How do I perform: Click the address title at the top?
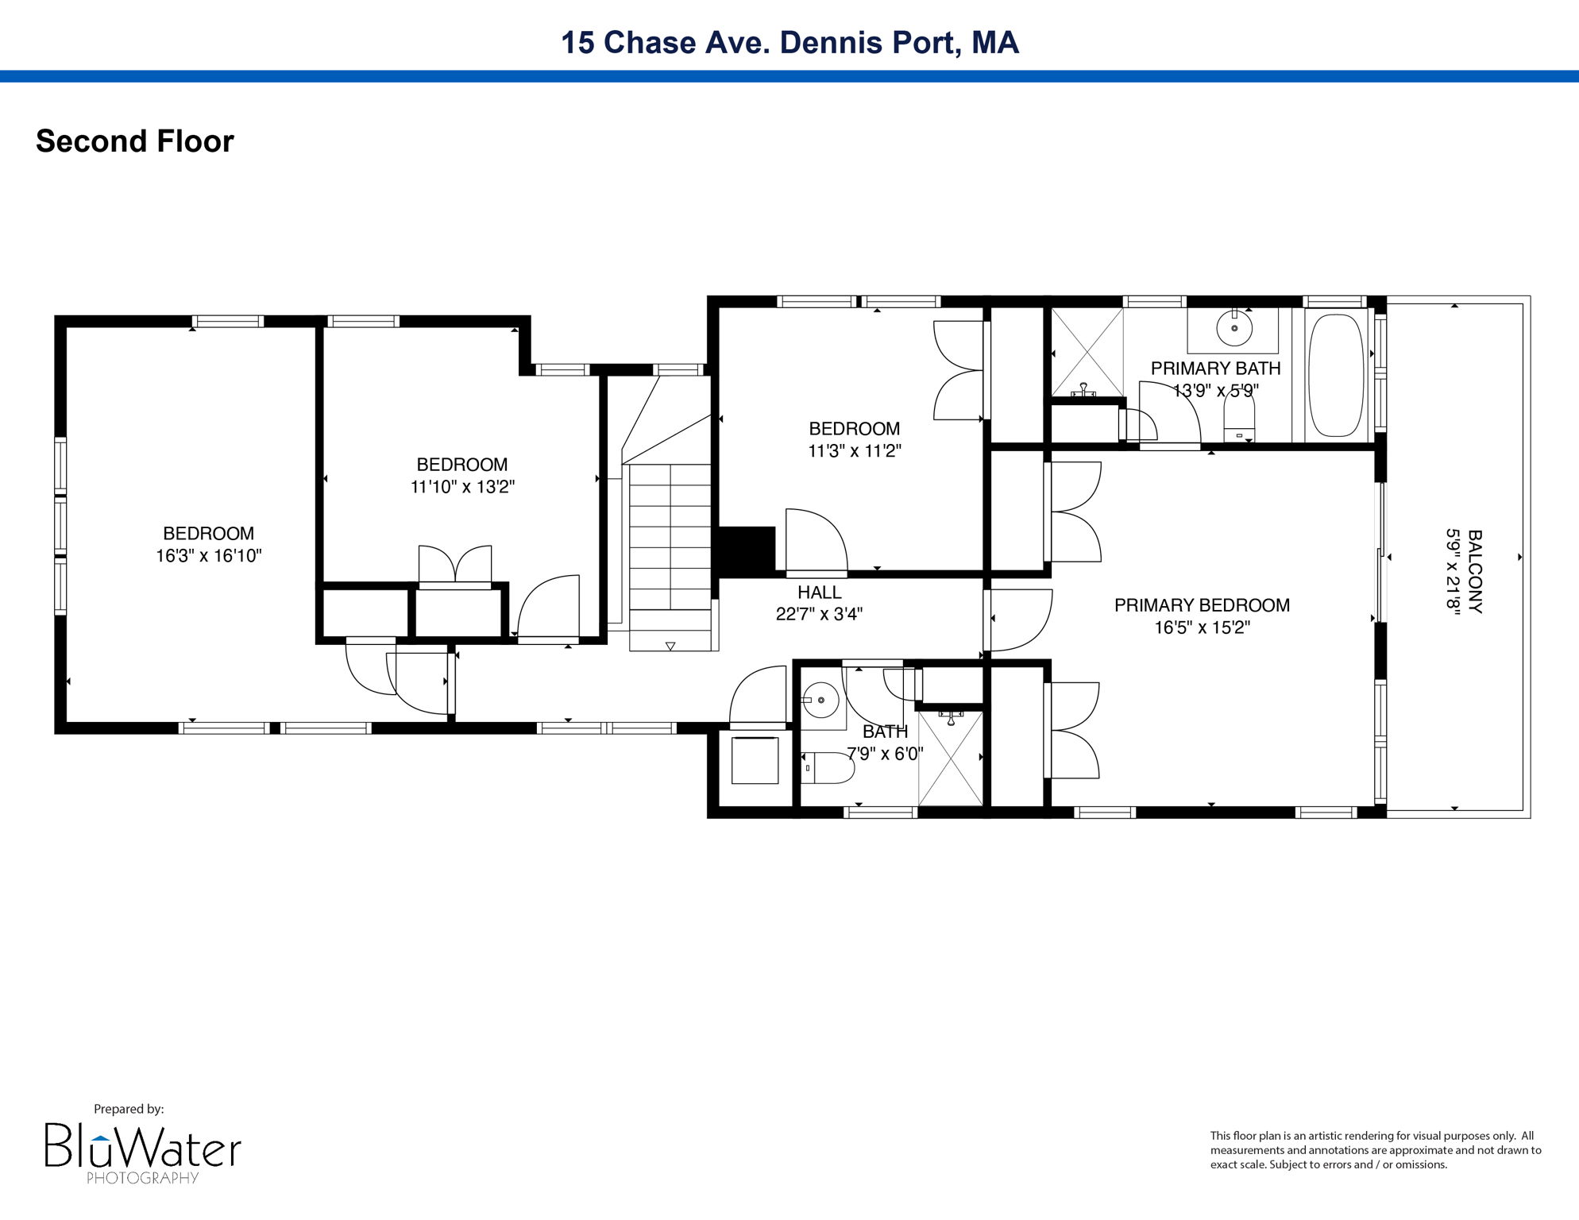coord(789,42)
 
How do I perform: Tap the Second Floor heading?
coord(135,141)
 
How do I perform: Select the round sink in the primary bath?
coord(1233,328)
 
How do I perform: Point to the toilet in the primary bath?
coord(1239,419)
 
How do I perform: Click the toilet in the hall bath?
coord(828,768)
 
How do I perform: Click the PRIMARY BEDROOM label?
coord(1202,605)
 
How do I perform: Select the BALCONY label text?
coord(1474,572)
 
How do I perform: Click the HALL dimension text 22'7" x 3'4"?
coord(819,614)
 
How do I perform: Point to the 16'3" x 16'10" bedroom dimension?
coord(208,556)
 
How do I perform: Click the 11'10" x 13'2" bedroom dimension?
coord(462,487)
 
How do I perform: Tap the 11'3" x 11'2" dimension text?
coord(855,451)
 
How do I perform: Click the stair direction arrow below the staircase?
coord(670,647)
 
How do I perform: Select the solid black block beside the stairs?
coord(746,550)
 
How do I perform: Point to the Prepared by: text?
coord(129,1109)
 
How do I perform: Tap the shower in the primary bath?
coord(1087,352)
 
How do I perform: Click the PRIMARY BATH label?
coord(1215,369)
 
